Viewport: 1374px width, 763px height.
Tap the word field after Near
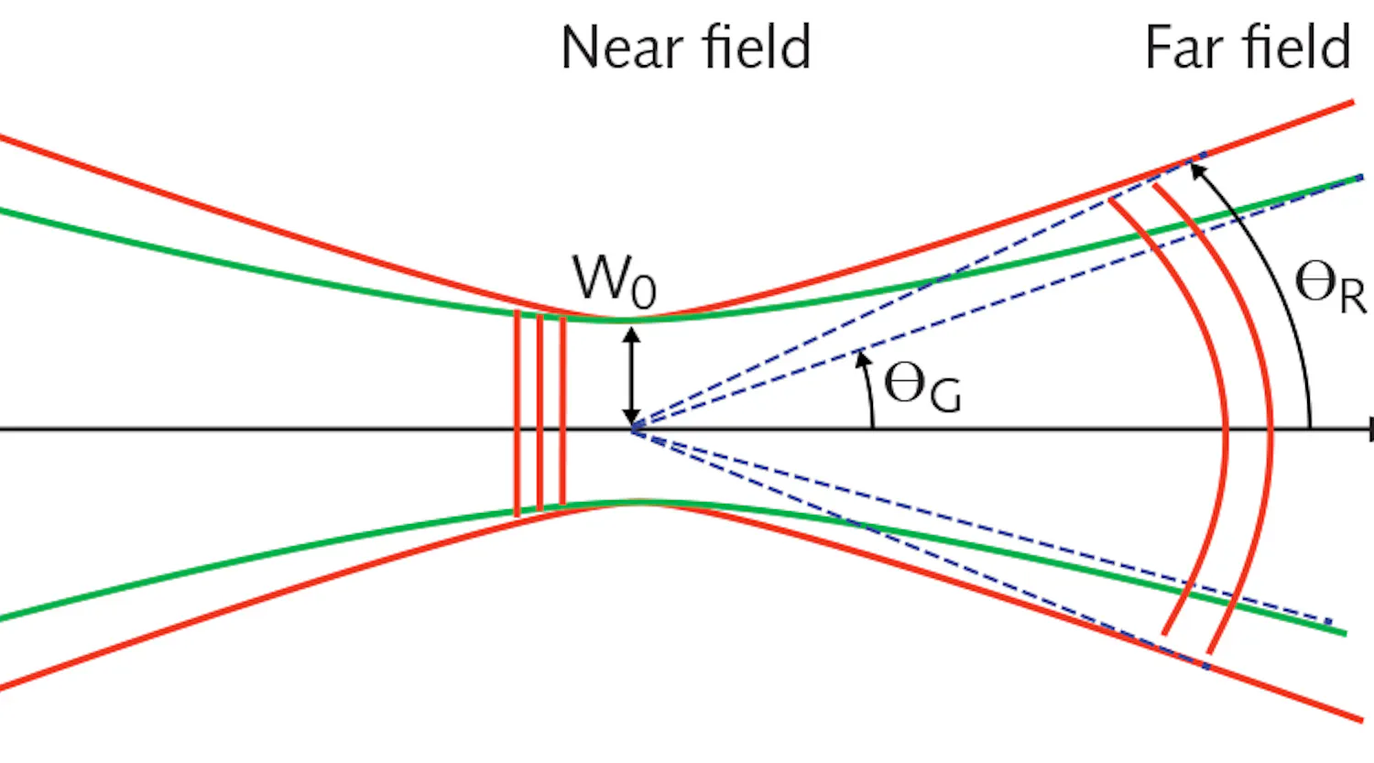[757, 48]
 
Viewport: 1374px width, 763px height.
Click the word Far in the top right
[1183, 48]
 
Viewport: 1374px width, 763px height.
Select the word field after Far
[1297, 48]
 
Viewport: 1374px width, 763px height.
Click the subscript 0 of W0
[644, 291]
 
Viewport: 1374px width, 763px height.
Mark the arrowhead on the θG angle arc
[861, 358]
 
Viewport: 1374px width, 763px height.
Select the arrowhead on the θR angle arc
[1197, 168]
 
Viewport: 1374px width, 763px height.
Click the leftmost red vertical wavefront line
[518, 412]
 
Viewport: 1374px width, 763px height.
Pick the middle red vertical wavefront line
[540, 412]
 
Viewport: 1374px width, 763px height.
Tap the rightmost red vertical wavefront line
[562, 412]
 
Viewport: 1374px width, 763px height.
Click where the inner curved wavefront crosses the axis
[1227, 429]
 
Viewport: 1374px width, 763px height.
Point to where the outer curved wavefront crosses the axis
[1271, 429]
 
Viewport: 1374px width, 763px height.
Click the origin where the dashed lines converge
[633, 429]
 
